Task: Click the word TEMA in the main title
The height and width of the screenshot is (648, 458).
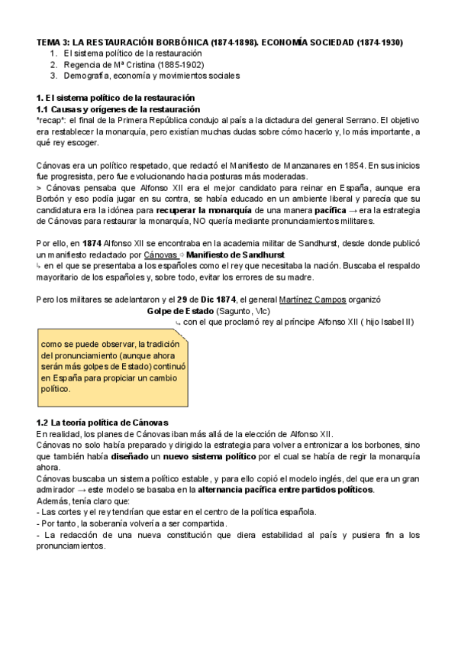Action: pos(49,42)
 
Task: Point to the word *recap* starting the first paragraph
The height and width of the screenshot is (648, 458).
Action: pos(51,121)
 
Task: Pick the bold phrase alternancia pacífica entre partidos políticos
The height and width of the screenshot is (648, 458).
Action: pos(285,490)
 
